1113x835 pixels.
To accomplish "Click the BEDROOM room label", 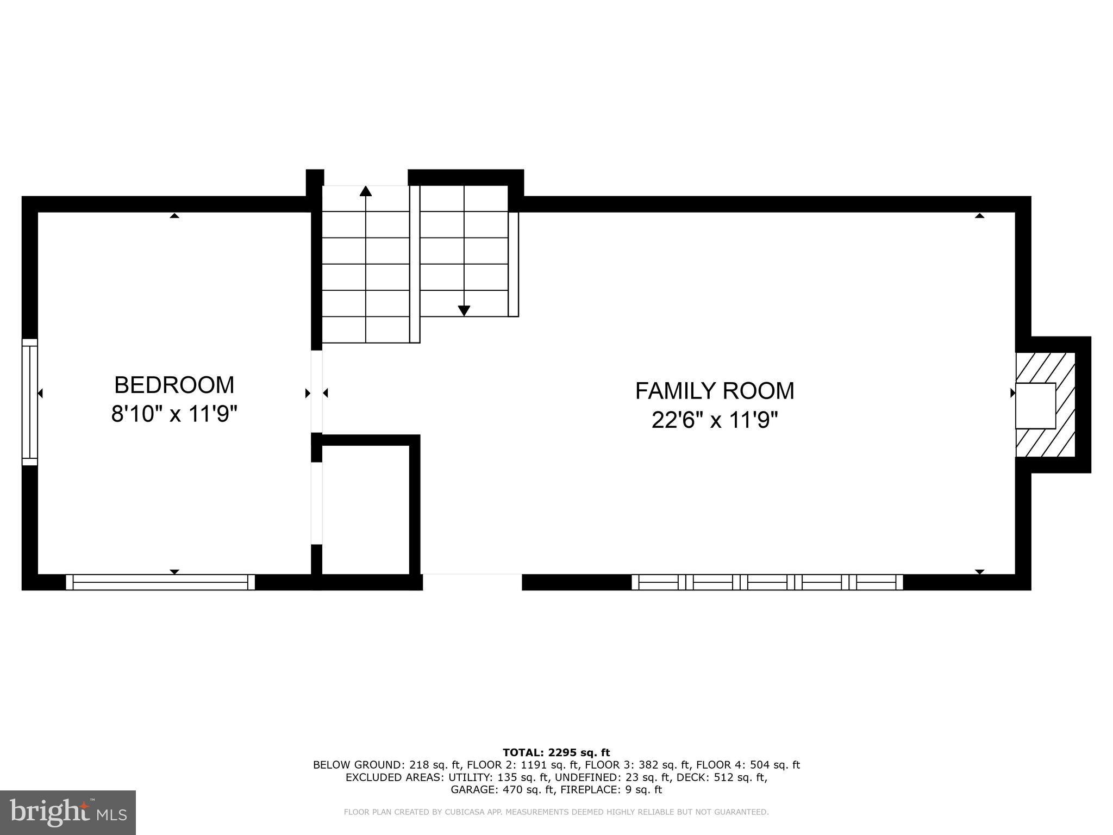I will pyautogui.click(x=174, y=385).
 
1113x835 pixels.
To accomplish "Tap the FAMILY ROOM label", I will pyautogui.click(x=714, y=391).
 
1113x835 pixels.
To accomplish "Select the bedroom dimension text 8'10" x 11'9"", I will pyautogui.click(x=174, y=415).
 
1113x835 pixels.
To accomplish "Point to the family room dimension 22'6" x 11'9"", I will pyautogui.click(x=714, y=420).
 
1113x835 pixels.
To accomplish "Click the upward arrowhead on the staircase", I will pyautogui.click(x=366, y=191).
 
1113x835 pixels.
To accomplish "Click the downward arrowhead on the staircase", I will pyautogui.click(x=464, y=310).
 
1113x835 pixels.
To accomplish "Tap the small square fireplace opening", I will pyautogui.click(x=1035, y=406).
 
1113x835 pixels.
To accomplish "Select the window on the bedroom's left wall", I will pyautogui.click(x=29, y=402).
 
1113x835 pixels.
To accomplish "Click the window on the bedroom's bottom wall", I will pyautogui.click(x=160, y=582).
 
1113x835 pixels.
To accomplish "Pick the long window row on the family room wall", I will pyautogui.click(x=767, y=582).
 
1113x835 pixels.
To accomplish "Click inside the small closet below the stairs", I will pyautogui.click(x=365, y=509).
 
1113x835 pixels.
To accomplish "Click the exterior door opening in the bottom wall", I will pyautogui.click(x=472, y=582).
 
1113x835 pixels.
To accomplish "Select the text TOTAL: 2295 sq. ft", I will pyautogui.click(x=556, y=752).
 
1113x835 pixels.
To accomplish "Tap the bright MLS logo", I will pyautogui.click(x=68, y=812).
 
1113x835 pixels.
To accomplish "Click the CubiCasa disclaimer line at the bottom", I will pyautogui.click(x=556, y=812).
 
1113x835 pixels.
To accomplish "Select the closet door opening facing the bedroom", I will pyautogui.click(x=316, y=503).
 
